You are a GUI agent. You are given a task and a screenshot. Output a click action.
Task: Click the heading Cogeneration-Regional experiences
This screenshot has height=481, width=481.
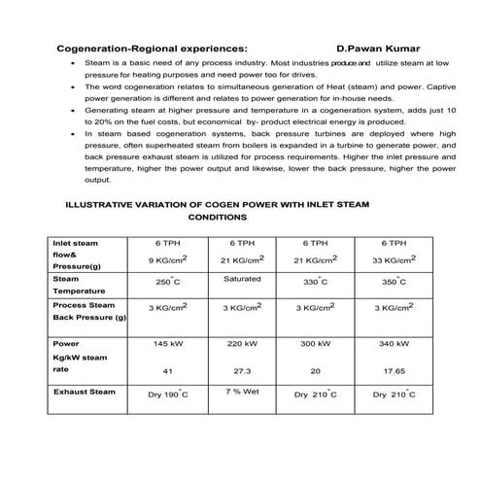tap(152, 46)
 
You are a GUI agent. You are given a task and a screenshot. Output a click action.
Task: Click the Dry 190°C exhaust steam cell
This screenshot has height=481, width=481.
tap(167, 395)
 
